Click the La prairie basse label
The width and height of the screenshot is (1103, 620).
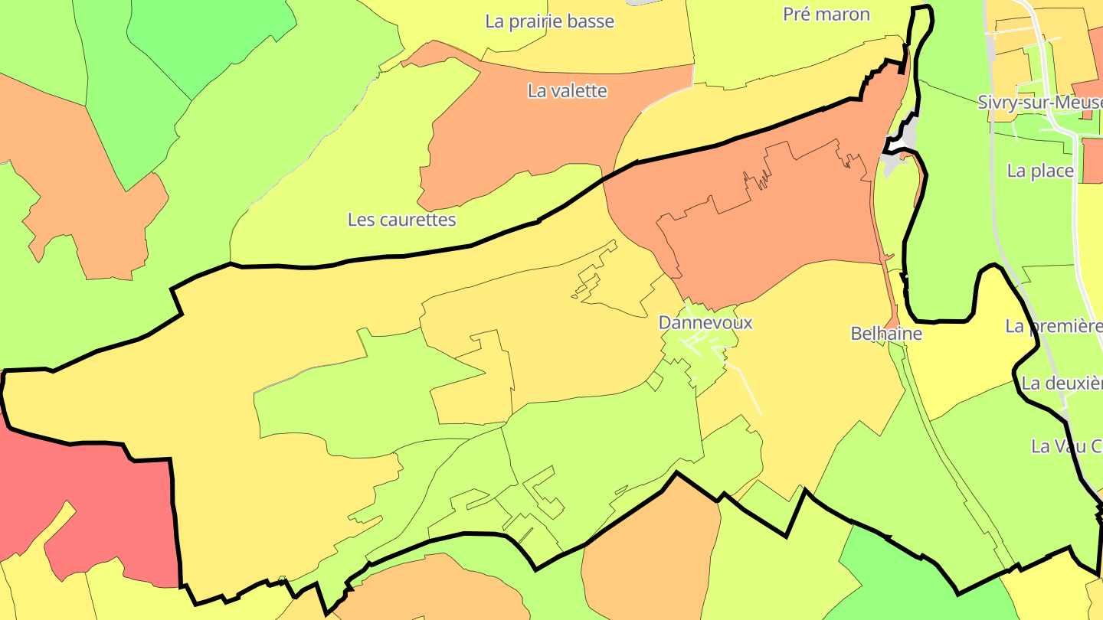(x=549, y=21)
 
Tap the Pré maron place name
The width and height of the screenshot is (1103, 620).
(x=826, y=15)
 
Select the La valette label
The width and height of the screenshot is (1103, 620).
(x=567, y=91)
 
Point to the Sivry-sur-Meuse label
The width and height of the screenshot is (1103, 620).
(x=1039, y=103)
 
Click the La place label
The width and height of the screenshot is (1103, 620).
(x=1040, y=171)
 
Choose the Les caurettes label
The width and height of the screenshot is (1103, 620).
(x=401, y=220)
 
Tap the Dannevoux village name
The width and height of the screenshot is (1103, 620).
(x=705, y=323)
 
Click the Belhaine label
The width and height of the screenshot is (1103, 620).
(x=886, y=334)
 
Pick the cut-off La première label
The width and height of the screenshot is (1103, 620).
(x=1053, y=326)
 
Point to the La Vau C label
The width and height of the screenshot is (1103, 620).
(x=1066, y=446)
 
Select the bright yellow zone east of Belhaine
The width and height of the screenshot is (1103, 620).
(x=957, y=360)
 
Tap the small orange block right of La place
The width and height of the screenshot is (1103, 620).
(x=1092, y=161)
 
